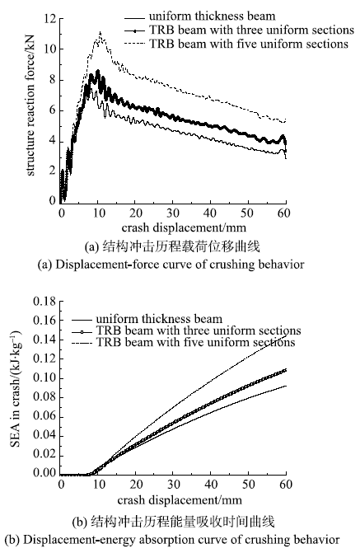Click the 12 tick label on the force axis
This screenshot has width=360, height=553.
49,18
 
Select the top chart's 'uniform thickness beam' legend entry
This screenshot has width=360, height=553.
199,16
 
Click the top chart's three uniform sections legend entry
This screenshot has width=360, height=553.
239,30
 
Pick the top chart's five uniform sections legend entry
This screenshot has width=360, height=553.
236,44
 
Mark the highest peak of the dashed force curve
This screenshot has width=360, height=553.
101,32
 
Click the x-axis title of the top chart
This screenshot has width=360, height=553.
184,227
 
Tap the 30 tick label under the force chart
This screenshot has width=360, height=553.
173,213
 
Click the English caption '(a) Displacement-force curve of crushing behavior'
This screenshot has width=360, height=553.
171,265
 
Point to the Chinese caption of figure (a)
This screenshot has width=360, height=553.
172,246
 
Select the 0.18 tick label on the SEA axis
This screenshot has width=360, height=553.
44,301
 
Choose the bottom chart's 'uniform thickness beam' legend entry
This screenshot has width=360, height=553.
147,319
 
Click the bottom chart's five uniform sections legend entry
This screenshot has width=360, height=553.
184,342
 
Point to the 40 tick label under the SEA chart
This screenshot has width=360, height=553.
211,485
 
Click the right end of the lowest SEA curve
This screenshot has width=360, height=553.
286,386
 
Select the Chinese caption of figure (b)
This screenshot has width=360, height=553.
173,522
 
